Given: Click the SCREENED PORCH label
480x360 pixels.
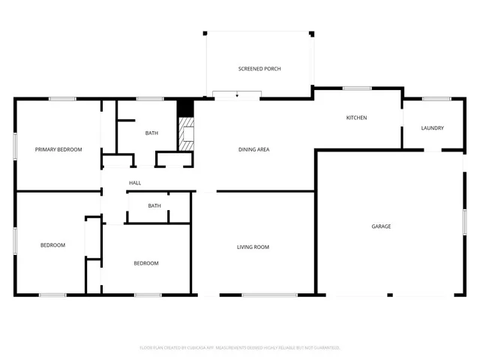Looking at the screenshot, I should click(x=259, y=69).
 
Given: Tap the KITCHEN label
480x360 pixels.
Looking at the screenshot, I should click(x=356, y=118).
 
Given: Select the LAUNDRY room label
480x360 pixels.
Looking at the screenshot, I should click(x=432, y=128).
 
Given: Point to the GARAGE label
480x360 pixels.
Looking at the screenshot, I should click(x=381, y=226).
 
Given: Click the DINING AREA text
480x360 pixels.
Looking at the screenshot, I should click(x=253, y=150).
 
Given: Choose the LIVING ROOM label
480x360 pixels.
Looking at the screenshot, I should click(x=253, y=247).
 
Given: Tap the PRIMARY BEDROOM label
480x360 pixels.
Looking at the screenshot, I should click(x=58, y=150).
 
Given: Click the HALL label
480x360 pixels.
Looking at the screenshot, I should click(x=135, y=183).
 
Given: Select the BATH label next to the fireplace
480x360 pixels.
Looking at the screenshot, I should click(x=151, y=133).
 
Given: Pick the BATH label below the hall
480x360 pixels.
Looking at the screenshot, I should click(x=154, y=206).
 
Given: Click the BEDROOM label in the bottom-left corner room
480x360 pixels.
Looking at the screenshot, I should click(x=52, y=245).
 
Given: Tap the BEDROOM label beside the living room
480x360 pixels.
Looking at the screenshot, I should click(x=146, y=263).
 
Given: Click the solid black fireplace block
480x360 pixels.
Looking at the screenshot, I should click(x=185, y=107).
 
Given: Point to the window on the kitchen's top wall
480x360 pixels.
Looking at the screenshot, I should click(x=357, y=88).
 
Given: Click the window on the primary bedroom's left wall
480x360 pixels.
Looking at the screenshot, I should click(x=15, y=145).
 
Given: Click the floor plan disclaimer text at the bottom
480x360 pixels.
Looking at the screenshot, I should click(x=240, y=347).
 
